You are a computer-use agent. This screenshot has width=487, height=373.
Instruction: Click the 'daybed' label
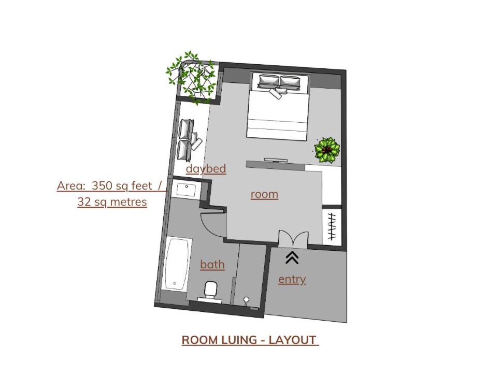(x=206, y=169)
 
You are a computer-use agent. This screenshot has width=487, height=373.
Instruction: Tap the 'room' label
(x=264, y=194)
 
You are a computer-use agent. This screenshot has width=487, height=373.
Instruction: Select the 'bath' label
(x=212, y=264)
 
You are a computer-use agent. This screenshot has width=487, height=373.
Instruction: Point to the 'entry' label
(x=292, y=279)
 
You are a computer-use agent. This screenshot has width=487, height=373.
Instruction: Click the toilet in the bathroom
(x=211, y=290)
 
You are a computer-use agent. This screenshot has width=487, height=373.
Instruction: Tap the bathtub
(x=177, y=264)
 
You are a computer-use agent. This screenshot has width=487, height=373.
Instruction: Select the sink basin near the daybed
(x=187, y=190)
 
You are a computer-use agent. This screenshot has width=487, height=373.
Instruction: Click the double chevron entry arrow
(x=292, y=258)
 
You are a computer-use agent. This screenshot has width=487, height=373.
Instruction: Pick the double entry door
(x=293, y=239)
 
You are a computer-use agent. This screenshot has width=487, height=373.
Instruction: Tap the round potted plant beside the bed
(x=327, y=150)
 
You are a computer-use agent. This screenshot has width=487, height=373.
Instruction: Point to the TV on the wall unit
(x=276, y=160)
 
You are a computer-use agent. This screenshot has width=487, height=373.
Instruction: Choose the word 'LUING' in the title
(x=239, y=340)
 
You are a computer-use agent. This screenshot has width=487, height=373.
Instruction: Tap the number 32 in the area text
(x=83, y=202)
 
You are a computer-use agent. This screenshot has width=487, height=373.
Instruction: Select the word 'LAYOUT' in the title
(x=292, y=340)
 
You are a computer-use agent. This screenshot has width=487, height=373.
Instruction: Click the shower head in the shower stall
(x=246, y=300)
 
